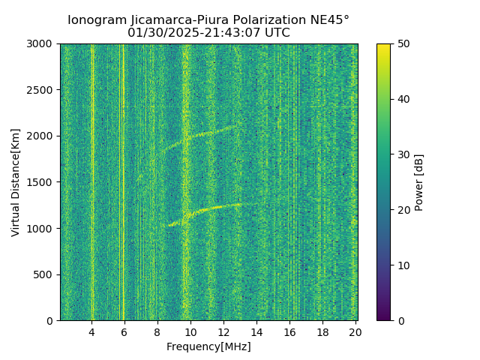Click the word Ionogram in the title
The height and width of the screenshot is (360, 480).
click(x=97, y=20)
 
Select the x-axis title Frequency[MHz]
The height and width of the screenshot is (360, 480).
click(x=208, y=346)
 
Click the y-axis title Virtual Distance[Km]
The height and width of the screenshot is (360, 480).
click(x=16, y=182)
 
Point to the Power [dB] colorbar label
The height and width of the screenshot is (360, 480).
click(x=419, y=182)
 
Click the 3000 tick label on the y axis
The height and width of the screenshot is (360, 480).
click(x=42, y=44)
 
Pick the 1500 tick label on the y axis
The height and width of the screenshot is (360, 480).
click(x=42, y=182)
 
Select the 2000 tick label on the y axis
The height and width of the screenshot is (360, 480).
click(x=42, y=136)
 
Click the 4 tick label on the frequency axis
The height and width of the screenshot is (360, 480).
click(x=91, y=331)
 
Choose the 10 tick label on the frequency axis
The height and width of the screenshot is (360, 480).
click(x=190, y=331)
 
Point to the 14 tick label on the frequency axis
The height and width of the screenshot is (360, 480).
click(x=256, y=331)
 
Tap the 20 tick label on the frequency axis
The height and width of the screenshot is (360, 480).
click(x=355, y=331)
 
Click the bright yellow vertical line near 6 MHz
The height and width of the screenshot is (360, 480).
click(x=123, y=180)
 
